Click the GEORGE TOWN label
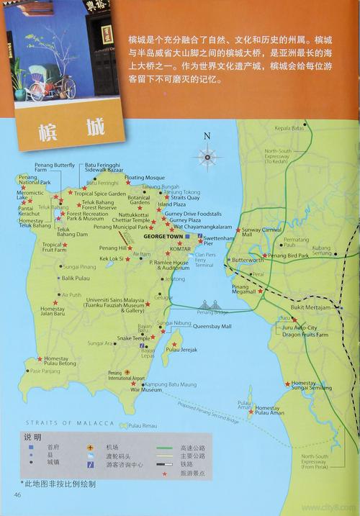click(x=163, y=235)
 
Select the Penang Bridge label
click(x=213, y=312)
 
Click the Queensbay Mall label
click(x=212, y=326)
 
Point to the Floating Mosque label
click(x=145, y=177)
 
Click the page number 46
click(x=17, y=494)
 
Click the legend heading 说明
click(x=33, y=438)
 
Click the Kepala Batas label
click(x=289, y=128)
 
